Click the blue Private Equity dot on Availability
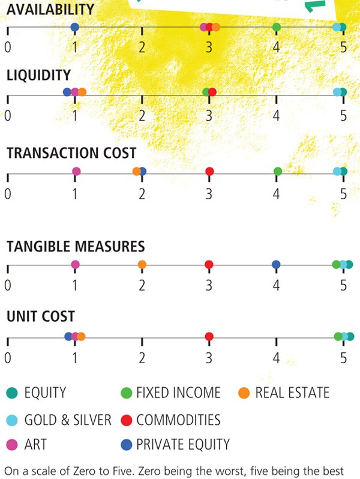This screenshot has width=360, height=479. (74, 27)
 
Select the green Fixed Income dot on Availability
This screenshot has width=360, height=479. (277, 27)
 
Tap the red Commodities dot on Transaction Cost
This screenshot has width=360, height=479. (209, 172)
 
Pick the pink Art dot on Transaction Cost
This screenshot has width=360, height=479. (76, 172)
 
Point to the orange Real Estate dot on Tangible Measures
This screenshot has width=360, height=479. (142, 265)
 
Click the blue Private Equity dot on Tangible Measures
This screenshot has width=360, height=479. (276, 265)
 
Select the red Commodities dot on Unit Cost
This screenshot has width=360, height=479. (209, 337)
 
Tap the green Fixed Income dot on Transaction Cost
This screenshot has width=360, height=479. (278, 172)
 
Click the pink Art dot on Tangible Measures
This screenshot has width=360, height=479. (75, 265)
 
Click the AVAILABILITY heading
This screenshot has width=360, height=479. (50, 10)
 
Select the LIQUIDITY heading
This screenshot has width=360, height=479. (38, 75)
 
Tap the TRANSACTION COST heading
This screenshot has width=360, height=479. (71, 153)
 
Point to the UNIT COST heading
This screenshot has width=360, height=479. (40, 316)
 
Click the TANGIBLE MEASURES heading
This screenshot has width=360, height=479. (76, 246)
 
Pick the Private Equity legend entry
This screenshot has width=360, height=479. (175, 445)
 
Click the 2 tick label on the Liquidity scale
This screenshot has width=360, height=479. (142, 115)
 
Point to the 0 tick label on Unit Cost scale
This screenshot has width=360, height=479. (7, 358)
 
